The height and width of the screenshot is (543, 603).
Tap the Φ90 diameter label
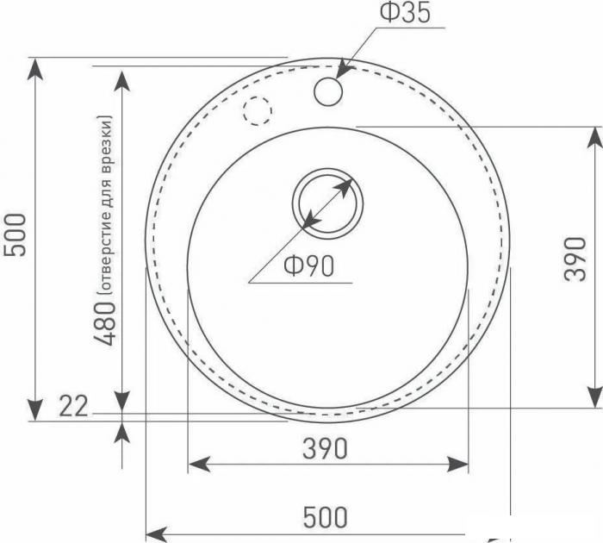tap(308, 267)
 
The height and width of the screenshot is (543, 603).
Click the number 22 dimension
tap(74, 405)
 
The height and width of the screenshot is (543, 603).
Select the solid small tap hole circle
tap(328, 91)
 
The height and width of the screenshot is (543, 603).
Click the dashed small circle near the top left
tap(257, 110)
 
